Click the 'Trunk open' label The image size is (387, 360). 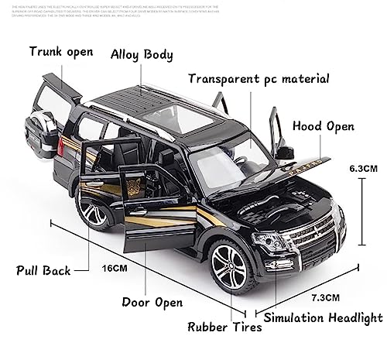click(61, 53)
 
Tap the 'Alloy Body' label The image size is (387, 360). click(142, 54)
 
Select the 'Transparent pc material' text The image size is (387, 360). click(259, 78)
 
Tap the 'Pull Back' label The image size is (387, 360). click(43, 270)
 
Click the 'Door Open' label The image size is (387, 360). click(159, 302)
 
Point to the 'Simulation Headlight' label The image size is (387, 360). click(324, 317)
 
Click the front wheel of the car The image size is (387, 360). click(229, 262)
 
